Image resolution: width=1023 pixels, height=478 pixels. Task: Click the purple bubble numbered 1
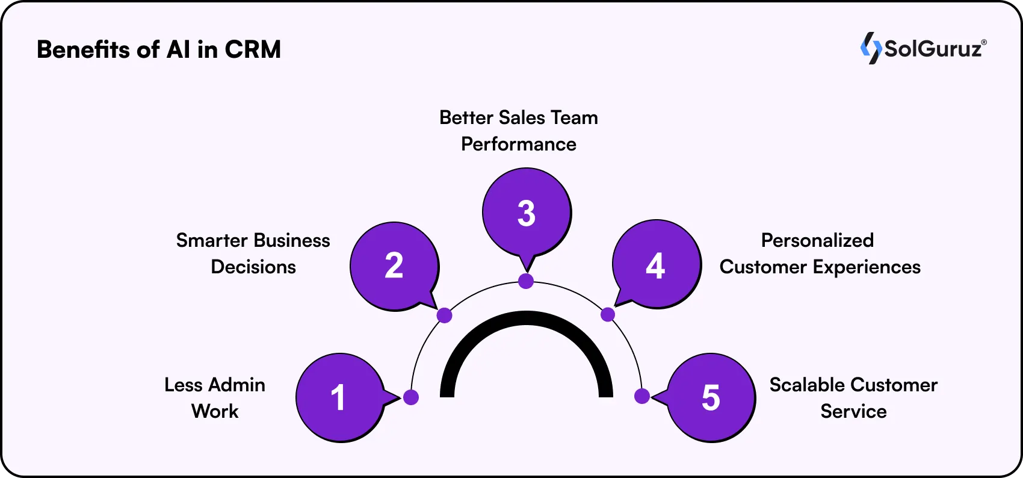coord(339,397)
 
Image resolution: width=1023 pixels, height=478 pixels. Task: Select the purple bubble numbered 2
coord(394,265)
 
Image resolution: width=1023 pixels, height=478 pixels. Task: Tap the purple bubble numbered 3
coord(527,213)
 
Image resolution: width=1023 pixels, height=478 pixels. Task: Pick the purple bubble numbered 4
coord(656,265)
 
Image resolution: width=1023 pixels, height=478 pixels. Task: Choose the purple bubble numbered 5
coord(711,397)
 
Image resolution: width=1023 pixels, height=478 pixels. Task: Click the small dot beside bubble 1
coord(411,397)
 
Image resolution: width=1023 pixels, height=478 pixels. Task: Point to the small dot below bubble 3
coord(526,281)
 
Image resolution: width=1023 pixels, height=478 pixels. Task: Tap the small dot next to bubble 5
coord(642,396)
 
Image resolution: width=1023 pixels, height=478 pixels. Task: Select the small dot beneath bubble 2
coord(444,315)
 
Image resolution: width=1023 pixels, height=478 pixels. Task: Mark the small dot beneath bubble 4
coord(608,314)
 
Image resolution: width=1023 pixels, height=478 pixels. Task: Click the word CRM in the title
coord(253,49)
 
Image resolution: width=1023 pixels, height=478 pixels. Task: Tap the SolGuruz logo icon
coord(870,48)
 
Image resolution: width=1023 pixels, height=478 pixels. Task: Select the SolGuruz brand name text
coord(934,48)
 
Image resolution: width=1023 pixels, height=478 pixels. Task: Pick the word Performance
coord(519,144)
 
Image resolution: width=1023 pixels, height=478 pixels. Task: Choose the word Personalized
coord(817,240)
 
